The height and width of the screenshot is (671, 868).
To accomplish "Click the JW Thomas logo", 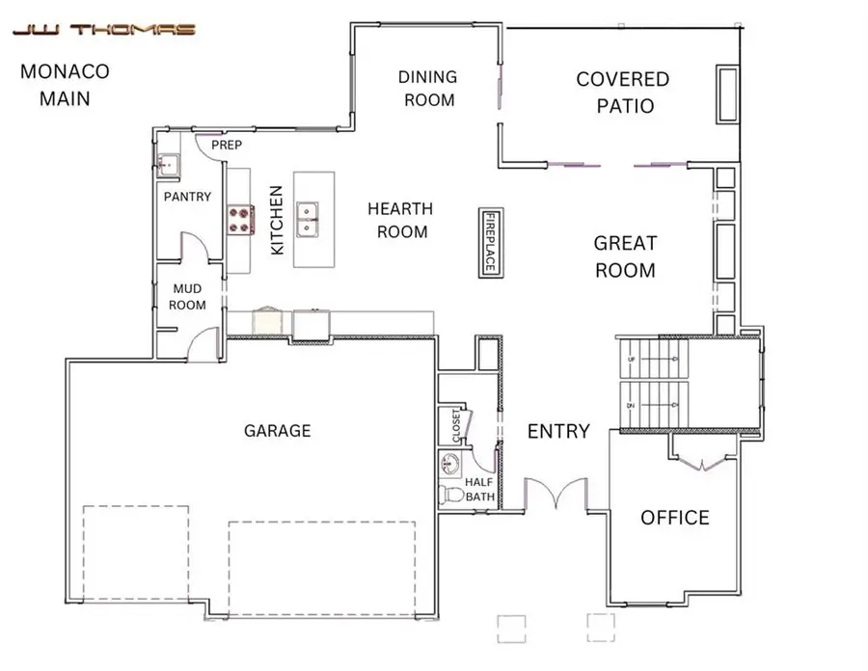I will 103,29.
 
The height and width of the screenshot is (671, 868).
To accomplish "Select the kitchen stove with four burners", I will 239,220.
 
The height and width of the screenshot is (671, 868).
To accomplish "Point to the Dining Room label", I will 429,88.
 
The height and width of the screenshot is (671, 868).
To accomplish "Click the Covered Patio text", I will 622,92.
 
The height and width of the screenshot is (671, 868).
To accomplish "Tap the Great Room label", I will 624,257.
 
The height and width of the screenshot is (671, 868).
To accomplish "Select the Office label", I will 675,519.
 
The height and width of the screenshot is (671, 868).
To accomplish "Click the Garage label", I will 277,431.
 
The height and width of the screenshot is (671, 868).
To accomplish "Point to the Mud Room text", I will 189,296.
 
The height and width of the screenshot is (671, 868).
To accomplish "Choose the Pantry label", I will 187,197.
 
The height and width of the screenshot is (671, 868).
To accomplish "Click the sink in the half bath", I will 450,463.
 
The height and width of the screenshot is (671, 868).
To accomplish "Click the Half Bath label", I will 479,490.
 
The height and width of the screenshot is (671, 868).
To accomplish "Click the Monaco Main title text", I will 65,85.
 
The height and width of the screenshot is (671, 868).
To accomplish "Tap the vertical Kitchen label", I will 277,233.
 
